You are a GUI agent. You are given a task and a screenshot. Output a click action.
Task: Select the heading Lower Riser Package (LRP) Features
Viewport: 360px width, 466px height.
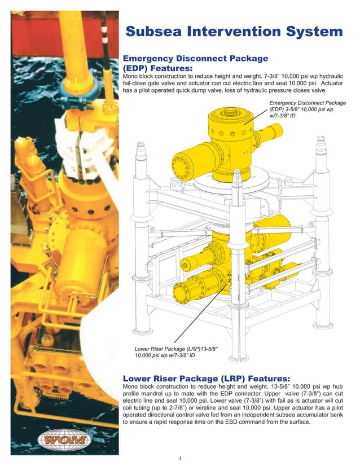[206, 377]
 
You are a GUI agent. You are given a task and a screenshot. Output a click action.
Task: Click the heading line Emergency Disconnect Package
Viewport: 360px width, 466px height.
[195, 58]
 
